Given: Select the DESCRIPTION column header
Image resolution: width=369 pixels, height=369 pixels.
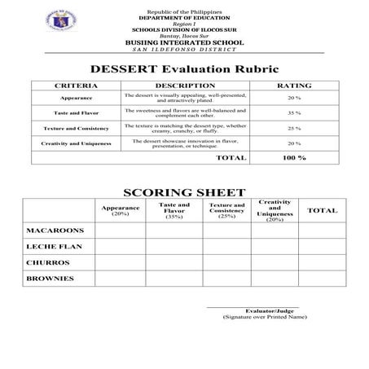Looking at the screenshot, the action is (x=185, y=86).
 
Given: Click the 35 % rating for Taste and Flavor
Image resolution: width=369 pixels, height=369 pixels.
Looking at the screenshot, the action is (x=294, y=113).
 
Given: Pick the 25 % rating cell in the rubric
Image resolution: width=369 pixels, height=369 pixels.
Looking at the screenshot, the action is (x=294, y=129).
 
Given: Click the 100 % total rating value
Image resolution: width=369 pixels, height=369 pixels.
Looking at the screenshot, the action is (x=294, y=157).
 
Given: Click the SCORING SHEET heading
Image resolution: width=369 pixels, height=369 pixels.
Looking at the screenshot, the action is (x=183, y=192).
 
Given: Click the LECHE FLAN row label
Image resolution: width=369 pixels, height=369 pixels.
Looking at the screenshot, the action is (x=53, y=246).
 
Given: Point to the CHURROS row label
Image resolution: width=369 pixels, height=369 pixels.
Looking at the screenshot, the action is (x=47, y=262).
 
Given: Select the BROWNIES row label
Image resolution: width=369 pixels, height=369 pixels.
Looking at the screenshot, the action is (x=51, y=279).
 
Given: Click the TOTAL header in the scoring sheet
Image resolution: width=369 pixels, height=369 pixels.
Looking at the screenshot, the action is (x=322, y=211).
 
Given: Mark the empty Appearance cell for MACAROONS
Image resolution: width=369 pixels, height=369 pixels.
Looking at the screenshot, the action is (x=121, y=230).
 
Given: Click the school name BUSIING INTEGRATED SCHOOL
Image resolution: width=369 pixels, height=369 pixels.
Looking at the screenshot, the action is (x=183, y=41).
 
